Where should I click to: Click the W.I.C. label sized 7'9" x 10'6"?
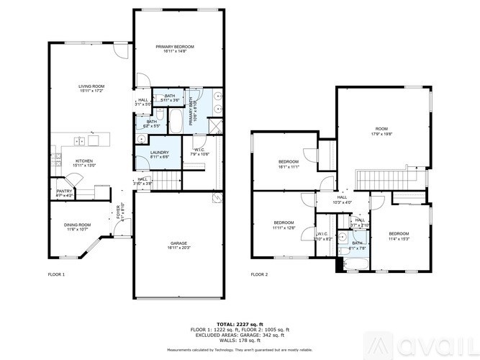(x=199, y=152)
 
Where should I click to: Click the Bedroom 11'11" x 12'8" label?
(x=284, y=225)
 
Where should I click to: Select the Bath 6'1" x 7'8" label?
(x=357, y=246)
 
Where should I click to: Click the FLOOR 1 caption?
(x=56, y=274)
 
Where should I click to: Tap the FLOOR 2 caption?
(x=259, y=274)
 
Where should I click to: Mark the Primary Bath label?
(x=192, y=112)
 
